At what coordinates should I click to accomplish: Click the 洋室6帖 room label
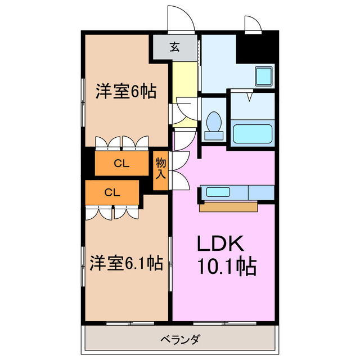coord(125,91)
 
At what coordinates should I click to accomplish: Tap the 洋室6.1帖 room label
coord(126,263)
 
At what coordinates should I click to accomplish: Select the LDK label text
coord(219,244)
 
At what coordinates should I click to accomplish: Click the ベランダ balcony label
coord(180,339)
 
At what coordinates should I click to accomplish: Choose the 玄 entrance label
coord(175,47)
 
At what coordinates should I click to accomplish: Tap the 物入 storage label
coord(161,167)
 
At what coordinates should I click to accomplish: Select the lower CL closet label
coord(112,192)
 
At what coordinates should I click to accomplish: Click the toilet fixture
coord(213,125)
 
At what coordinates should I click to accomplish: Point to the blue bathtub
coord(253,134)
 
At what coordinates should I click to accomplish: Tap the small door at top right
coord(252,24)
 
